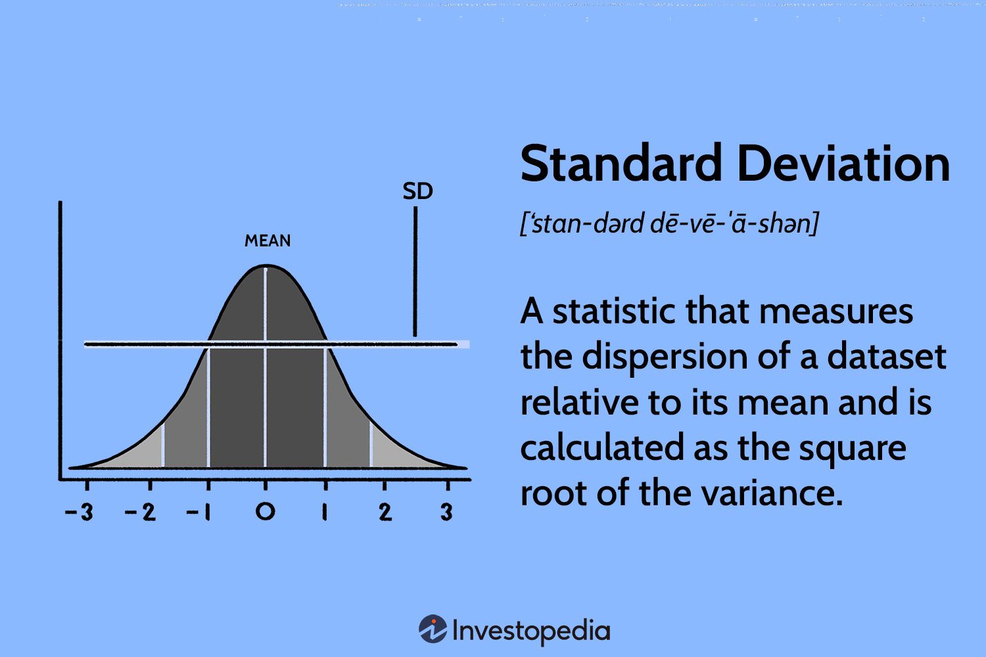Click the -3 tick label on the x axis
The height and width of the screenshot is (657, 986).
pos(80,511)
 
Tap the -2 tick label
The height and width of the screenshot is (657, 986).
pos(140,511)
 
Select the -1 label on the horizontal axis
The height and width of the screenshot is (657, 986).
pos(199,511)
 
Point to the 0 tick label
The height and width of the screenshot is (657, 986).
pos(265,511)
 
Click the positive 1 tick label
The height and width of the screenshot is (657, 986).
pos(324,511)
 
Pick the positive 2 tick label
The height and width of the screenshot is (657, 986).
pos(385,511)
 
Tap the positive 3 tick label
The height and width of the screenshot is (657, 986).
pos(447,511)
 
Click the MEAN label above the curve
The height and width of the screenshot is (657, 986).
pos(268,241)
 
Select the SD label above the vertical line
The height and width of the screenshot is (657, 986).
pos(417,191)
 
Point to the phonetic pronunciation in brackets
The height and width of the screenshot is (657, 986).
pos(669,224)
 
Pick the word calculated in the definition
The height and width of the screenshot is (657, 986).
pos(601,448)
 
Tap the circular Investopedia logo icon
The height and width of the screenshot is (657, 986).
pos(433,629)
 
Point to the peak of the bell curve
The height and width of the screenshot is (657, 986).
pos(265,266)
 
